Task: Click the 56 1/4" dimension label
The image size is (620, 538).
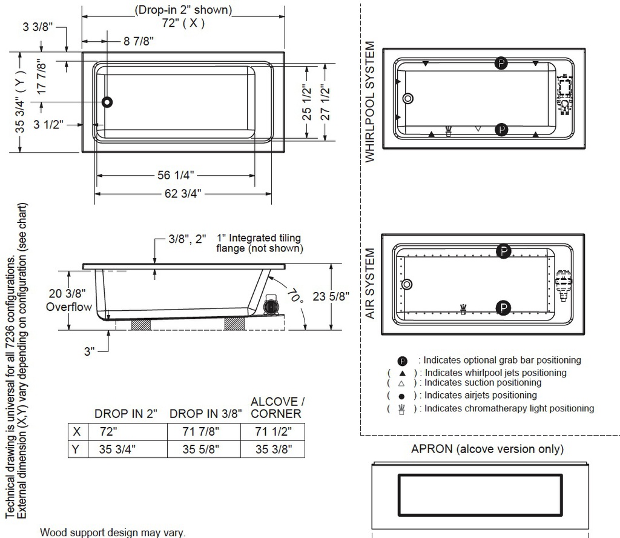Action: coord(176,175)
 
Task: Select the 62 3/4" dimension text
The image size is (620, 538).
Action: coord(183,193)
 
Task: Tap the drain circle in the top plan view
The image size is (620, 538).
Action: coord(107,102)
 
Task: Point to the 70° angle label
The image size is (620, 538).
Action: coord(295,295)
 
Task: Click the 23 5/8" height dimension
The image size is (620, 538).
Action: coord(331,296)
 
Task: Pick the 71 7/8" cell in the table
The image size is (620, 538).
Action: coord(201,431)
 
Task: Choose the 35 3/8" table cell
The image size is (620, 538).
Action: coord(274,449)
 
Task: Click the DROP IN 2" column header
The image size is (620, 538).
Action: coord(126,414)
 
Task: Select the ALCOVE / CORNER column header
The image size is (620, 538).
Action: coord(277,408)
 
